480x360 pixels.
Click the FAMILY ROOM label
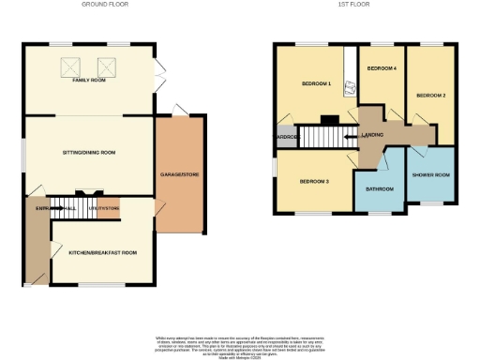point(89,82)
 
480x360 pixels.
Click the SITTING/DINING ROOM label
point(89,151)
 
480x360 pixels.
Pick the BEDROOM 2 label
point(430,96)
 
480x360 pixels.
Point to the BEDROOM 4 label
point(381,69)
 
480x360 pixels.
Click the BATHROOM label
point(380,190)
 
